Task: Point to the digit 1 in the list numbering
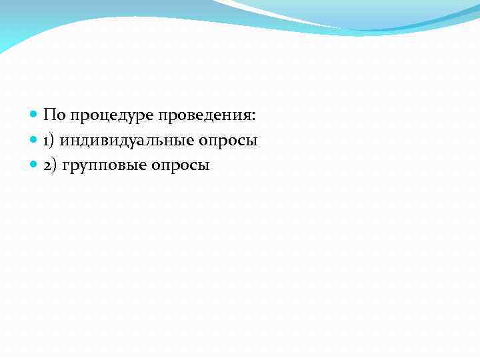pyautogui.click(x=47, y=141)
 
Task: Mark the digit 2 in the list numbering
pyautogui.click(x=47, y=165)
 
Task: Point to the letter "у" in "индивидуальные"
pyautogui.click(x=136, y=142)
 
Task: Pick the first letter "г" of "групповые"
pyautogui.click(x=65, y=167)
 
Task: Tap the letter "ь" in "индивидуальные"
pyautogui.click(x=169, y=141)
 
